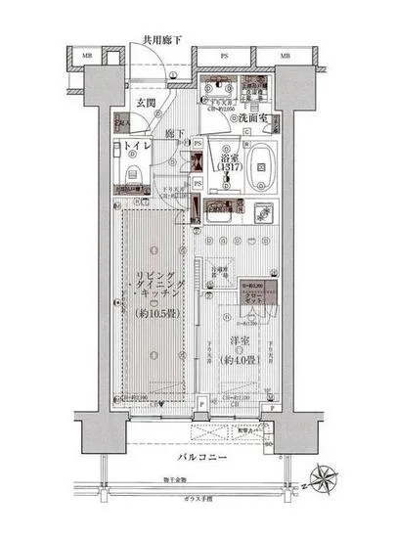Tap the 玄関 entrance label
point(147,102)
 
